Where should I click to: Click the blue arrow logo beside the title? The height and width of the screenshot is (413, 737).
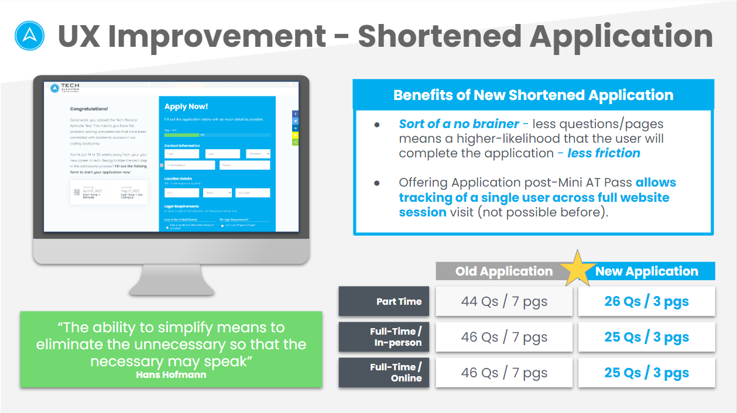tap(29, 36)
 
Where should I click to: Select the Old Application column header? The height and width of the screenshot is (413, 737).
tap(503, 271)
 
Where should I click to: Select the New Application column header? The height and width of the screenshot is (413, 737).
tap(647, 271)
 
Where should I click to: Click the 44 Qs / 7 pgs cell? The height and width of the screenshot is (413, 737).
tap(504, 302)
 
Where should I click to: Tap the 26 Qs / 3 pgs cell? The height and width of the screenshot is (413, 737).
tap(646, 302)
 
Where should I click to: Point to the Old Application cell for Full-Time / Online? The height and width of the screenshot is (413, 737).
tap(504, 373)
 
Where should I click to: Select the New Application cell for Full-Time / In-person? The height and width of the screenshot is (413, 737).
tap(646, 338)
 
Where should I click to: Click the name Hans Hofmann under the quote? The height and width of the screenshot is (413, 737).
tap(171, 374)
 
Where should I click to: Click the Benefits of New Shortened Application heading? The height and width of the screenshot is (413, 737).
tap(533, 95)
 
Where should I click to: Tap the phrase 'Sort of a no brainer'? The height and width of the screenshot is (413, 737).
tap(459, 124)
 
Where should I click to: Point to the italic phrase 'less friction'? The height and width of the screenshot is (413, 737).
tap(604, 153)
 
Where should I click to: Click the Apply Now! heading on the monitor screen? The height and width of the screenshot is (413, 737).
tap(186, 106)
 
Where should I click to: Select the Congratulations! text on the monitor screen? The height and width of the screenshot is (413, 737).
tap(89, 109)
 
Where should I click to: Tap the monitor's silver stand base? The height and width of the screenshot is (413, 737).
tap(171, 287)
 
